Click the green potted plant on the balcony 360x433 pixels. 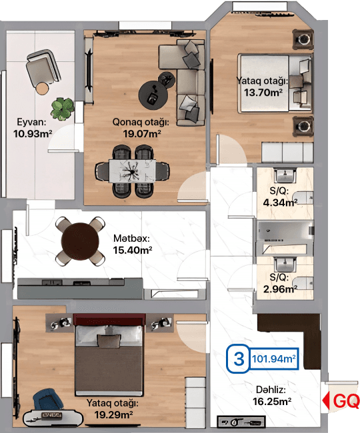(x=62, y=109)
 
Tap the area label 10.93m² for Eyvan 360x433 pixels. (x=33, y=134)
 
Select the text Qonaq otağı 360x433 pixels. (x=141, y=122)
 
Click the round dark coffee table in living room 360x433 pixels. (x=153, y=95)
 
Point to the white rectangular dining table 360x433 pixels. (x=133, y=171)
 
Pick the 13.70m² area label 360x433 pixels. (x=263, y=92)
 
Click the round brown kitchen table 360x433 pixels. (x=80, y=241)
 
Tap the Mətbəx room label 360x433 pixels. (x=131, y=238)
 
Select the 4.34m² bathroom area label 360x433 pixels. (x=280, y=203)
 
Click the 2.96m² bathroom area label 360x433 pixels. (x=280, y=289)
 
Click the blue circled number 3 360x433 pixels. (x=238, y=358)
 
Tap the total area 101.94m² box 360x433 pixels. (x=274, y=358)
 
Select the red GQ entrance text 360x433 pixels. (x=346, y=400)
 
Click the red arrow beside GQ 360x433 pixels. (x=326, y=400)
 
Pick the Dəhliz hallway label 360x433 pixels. (x=271, y=390)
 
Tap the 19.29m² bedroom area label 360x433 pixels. (x=113, y=414)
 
